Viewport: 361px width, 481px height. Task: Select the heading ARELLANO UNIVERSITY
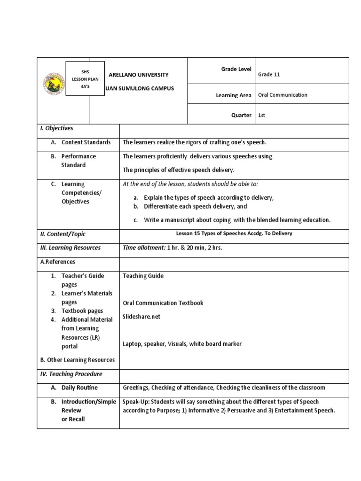coord(138,75)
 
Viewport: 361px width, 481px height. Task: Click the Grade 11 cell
coord(269,74)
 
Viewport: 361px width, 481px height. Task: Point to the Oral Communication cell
coord(283,94)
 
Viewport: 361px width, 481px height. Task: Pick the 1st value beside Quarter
coord(262,115)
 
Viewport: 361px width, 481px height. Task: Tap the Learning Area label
coord(233,95)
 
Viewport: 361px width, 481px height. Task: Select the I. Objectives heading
coord(56,128)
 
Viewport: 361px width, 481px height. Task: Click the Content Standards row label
coord(86,142)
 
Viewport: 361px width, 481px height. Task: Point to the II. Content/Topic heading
coord(63,234)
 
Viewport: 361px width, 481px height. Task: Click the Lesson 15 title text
coord(234,233)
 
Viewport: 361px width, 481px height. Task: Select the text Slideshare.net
coord(141,317)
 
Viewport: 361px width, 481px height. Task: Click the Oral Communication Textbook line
coord(163,303)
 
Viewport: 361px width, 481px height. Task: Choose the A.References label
coord(57,262)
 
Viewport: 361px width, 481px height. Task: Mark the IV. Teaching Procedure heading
coord(71,374)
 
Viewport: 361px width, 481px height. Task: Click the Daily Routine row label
coord(79,388)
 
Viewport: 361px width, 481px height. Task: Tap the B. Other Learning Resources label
coord(78,360)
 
